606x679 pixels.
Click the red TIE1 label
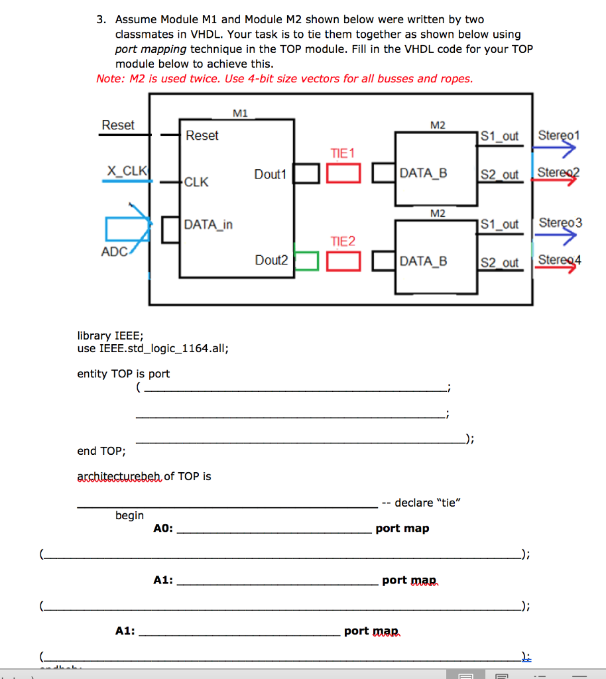pyautogui.click(x=343, y=153)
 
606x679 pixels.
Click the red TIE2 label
pyautogui.click(x=343, y=241)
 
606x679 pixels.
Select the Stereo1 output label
pyautogui.click(x=559, y=136)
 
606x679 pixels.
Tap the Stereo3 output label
pyautogui.click(x=560, y=222)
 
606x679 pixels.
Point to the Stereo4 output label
pyautogui.click(x=560, y=260)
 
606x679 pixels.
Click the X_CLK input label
pyautogui.click(x=127, y=170)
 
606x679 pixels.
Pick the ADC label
pyautogui.click(x=114, y=252)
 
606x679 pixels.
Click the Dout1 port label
pyautogui.click(x=270, y=174)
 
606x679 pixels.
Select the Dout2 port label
pyautogui.click(x=271, y=261)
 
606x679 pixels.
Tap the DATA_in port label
pyautogui.click(x=208, y=225)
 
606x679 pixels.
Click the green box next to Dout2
pyautogui.click(x=306, y=261)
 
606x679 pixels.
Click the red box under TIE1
pyautogui.click(x=343, y=173)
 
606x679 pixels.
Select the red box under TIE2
pyautogui.click(x=343, y=261)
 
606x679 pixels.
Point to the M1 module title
pyautogui.click(x=241, y=113)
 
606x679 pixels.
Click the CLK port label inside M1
pyautogui.click(x=196, y=182)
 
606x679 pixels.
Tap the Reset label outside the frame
pyautogui.click(x=118, y=125)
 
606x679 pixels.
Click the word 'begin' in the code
pyautogui.click(x=129, y=515)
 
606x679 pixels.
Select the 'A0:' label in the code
pyautogui.click(x=163, y=528)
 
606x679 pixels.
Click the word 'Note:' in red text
pyautogui.click(x=111, y=78)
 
